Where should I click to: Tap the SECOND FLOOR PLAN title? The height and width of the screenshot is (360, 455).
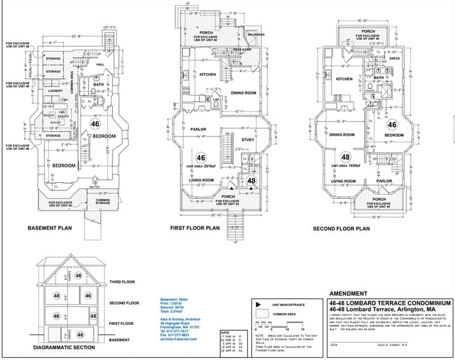[341, 228]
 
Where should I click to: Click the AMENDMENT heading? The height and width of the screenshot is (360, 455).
[348, 293]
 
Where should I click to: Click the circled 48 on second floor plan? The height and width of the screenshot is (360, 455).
[345, 156]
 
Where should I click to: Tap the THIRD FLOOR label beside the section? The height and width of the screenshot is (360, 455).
[123, 282]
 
